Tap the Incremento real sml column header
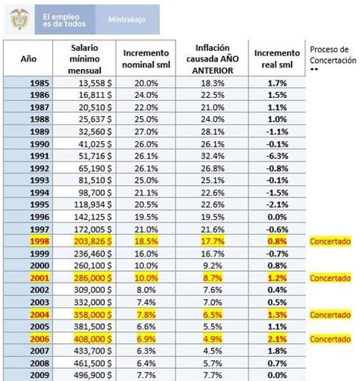click(x=277, y=58)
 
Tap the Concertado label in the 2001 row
click(x=331, y=279)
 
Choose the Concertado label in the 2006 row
click(x=331, y=339)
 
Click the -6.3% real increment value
click(x=277, y=156)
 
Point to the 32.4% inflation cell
click(x=213, y=156)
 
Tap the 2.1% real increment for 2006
click(x=277, y=339)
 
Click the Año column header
click(x=27, y=58)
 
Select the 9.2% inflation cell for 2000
click(x=213, y=266)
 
